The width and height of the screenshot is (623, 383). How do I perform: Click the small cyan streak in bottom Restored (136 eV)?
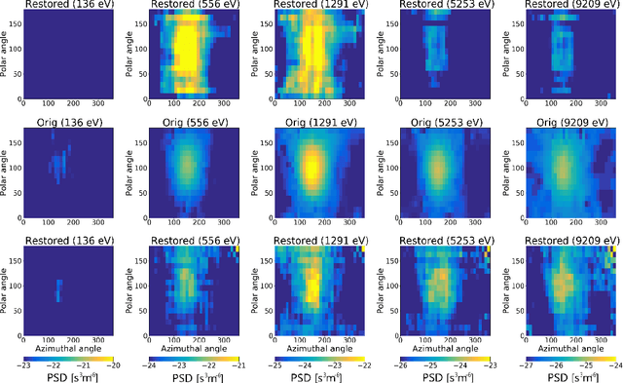58,289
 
